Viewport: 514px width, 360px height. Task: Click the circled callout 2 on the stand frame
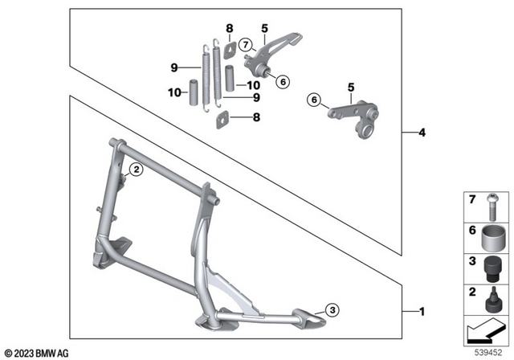point(136,169)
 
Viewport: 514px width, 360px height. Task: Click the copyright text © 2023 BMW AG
point(35,352)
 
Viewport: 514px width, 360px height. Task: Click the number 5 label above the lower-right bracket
point(350,86)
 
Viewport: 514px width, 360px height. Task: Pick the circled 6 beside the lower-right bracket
point(314,100)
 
